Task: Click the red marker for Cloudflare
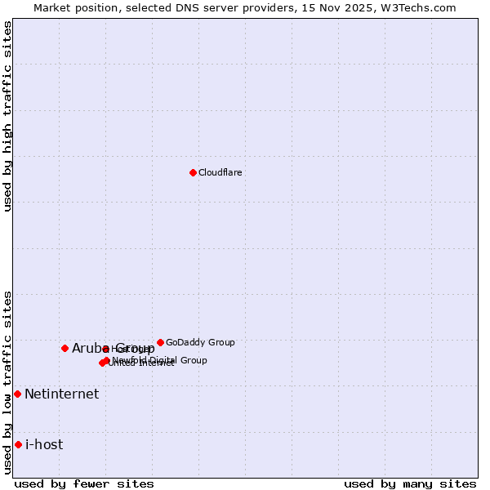pyautogui.click(x=193, y=172)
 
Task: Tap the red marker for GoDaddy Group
pyautogui.click(x=160, y=342)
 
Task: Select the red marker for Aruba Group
pyautogui.click(x=65, y=348)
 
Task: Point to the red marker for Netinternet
pyautogui.click(x=17, y=394)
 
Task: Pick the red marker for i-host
pyautogui.click(x=18, y=444)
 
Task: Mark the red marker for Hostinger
pyautogui.click(x=105, y=349)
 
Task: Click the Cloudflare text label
pyautogui.click(x=220, y=172)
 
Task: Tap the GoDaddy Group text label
pyautogui.click(x=200, y=342)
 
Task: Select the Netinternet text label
pyautogui.click(x=61, y=394)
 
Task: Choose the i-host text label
pyautogui.click(x=44, y=444)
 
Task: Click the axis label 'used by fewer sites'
pyautogui.click(x=84, y=483)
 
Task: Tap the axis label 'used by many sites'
pyautogui.click(x=410, y=483)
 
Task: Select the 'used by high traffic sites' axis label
pyautogui.click(x=7, y=116)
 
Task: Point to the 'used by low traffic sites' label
pyautogui.click(x=7, y=382)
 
